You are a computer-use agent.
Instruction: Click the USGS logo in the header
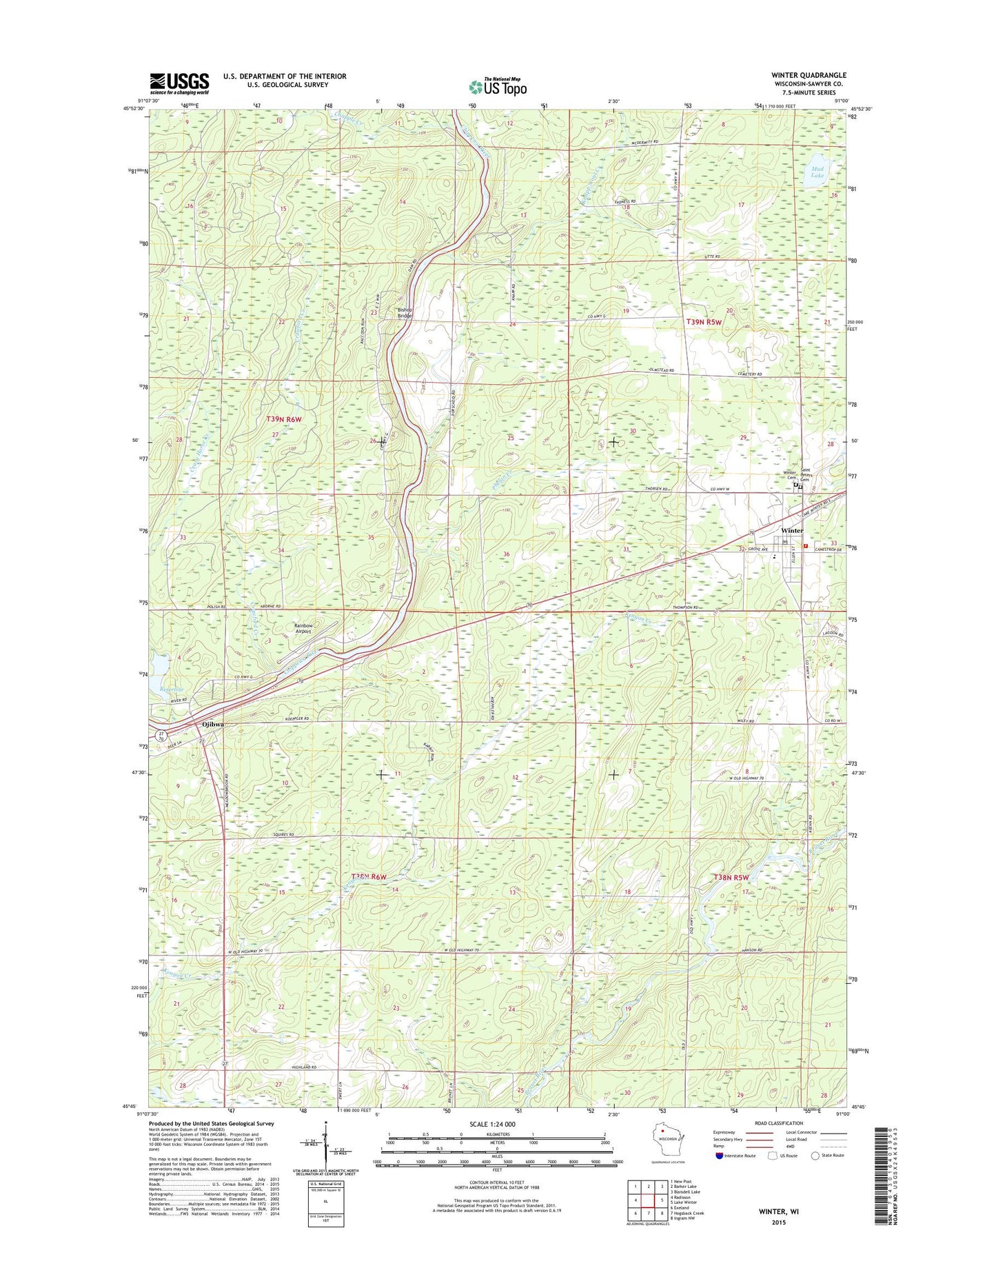click(x=179, y=83)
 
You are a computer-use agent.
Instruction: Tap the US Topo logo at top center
click(x=498, y=87)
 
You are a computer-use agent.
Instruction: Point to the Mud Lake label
click(x=817, y=172)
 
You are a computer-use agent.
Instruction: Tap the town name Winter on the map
click(x=791, y=530)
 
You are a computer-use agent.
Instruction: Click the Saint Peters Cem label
click(x=809, y=476)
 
